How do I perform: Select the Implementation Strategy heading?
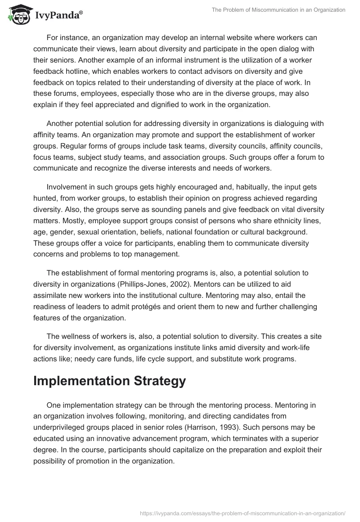109,381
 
